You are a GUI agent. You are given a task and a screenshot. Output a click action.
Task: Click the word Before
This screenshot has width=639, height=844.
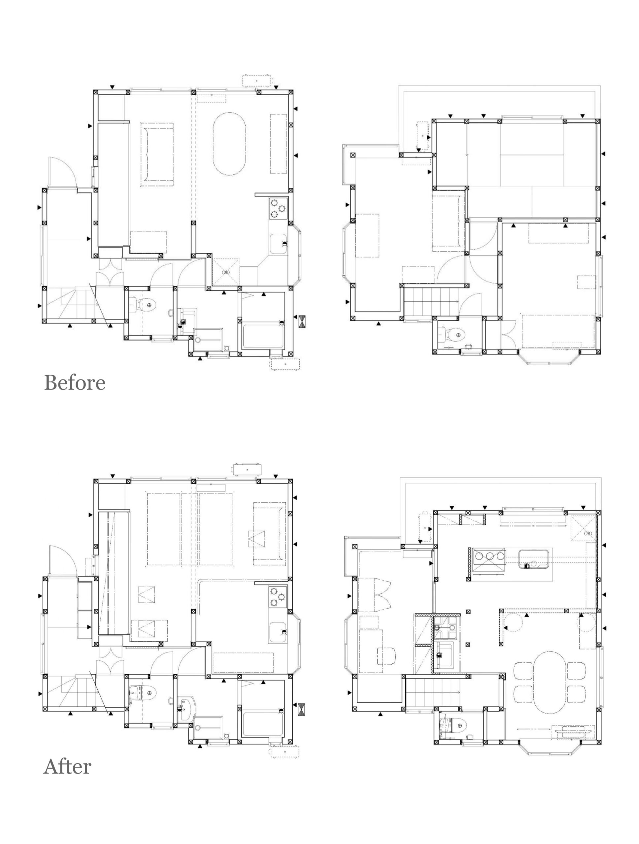point(75,382)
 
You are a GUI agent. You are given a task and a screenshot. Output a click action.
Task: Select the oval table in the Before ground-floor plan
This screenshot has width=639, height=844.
point(229,144)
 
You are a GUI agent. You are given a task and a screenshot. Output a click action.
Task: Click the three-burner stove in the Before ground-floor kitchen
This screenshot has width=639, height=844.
point(278,209)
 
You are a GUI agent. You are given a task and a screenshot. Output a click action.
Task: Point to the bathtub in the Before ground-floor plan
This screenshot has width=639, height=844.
point(263,336)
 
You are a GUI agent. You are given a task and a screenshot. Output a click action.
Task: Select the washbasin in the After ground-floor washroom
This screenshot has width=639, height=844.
point(186,709)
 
